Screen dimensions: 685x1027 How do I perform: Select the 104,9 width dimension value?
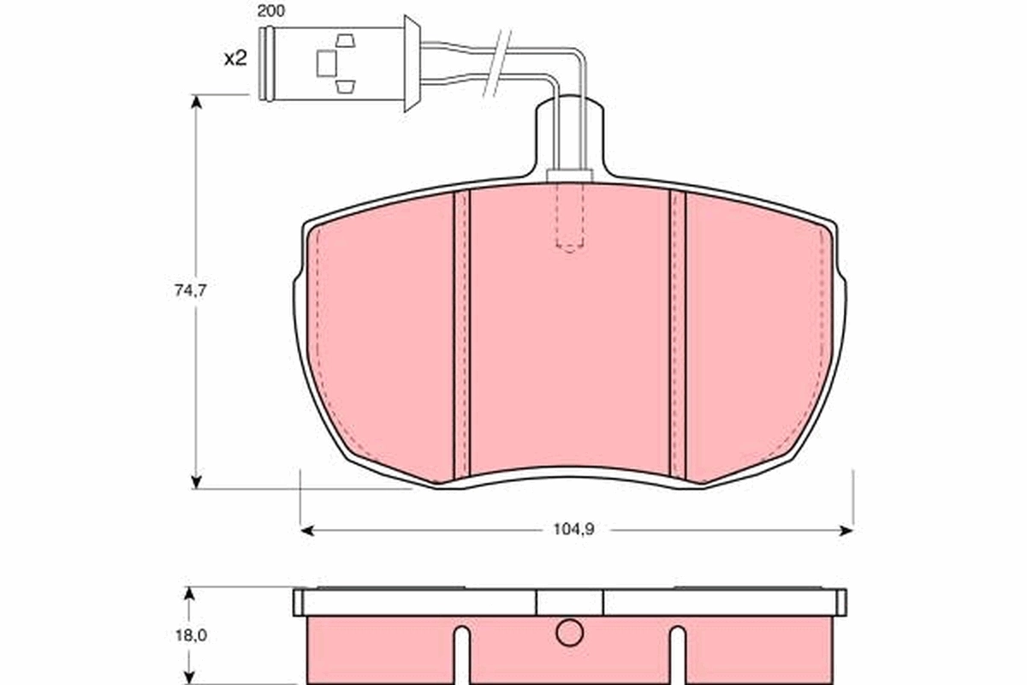coord(573,529)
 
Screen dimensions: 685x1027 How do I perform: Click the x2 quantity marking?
coord(234,59)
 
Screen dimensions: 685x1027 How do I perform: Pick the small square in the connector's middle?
coord(327,62)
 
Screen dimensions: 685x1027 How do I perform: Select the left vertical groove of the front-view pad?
coord(461,334)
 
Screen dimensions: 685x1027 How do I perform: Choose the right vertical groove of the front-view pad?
coord(678,334)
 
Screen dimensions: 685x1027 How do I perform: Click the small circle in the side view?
coord(568,633)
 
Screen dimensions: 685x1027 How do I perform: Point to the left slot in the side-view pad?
coord(461,655)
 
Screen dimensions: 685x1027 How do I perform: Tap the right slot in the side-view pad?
coord(678,655)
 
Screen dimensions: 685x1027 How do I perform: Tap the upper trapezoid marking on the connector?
coord(345,39)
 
